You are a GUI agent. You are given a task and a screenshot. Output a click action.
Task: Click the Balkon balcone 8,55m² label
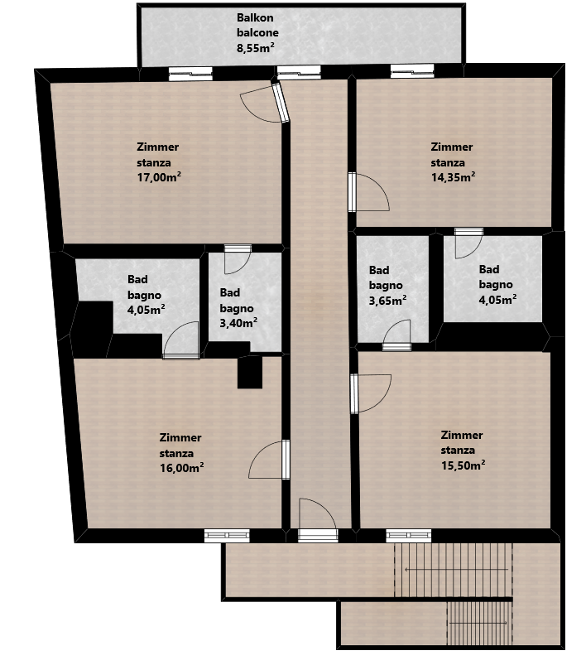click(x=257, y=33)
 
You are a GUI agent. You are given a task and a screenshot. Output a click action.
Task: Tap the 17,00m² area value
click(x=159, y=177)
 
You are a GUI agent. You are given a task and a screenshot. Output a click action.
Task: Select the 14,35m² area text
click(x=454, y=177)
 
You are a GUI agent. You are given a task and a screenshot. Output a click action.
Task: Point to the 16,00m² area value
click(x=181, y=467)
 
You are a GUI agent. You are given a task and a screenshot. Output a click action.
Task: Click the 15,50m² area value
click(x=463, y=465)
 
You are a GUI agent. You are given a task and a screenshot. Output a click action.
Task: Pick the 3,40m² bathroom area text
click(x=238, y=323)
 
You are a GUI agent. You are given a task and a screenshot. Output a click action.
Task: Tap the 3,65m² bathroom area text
click(x=387, y=301)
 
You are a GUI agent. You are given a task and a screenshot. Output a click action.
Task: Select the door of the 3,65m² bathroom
click(x=396, y=335)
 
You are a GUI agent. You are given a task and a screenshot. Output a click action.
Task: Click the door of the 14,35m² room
click(x=368, y=192)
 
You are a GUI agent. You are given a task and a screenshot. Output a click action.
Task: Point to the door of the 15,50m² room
click(x=371, y=393)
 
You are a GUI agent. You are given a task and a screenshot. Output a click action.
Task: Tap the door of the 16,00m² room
click(x=269, y=460)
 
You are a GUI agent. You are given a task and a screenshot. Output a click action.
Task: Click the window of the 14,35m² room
click(x=412, y=71)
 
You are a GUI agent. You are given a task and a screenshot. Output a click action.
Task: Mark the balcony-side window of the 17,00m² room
click(x=190, y=74)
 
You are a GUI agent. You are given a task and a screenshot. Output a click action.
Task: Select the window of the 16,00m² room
click(x=227, y=535)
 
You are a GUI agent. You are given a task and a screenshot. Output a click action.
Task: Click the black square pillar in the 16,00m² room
click(x=250, y=373)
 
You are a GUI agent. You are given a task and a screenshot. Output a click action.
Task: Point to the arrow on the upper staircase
click(x=456, y=570)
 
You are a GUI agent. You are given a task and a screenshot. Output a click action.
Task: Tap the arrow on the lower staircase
click(x=478, y=623)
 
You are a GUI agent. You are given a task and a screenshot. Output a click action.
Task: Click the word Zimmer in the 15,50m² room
click(x=462, y=435)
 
